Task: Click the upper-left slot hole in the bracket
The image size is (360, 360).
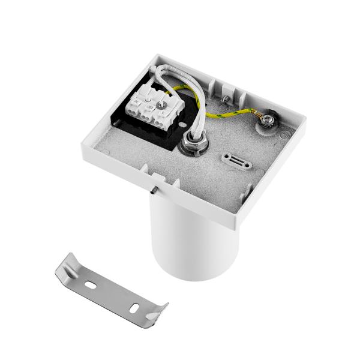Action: pyautogui.click(x=90, y=280)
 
